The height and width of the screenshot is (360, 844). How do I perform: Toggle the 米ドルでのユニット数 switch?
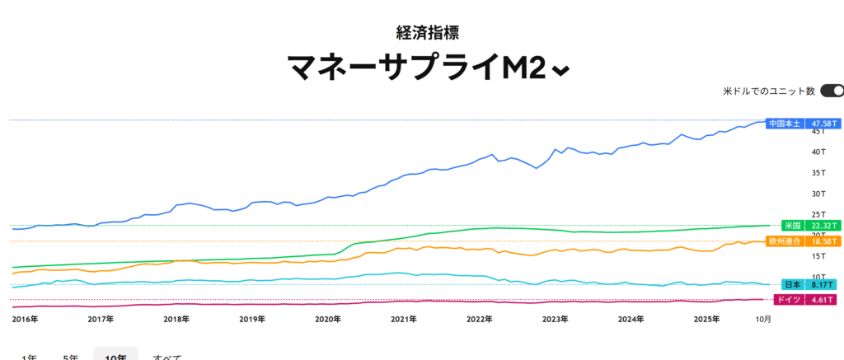click(831, 91)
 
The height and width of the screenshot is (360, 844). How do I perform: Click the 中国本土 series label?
click(784, 124)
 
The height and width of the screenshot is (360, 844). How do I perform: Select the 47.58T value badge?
click(822, 124)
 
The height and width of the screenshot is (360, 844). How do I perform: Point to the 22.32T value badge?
click(822, 226)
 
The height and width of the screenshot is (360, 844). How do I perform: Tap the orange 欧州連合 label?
click(784, 241)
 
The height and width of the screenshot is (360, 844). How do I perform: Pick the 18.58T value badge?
click(822, 241)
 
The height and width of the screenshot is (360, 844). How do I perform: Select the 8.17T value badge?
click(822, 284)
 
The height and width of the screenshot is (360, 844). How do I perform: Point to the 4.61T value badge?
click(822, 300)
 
